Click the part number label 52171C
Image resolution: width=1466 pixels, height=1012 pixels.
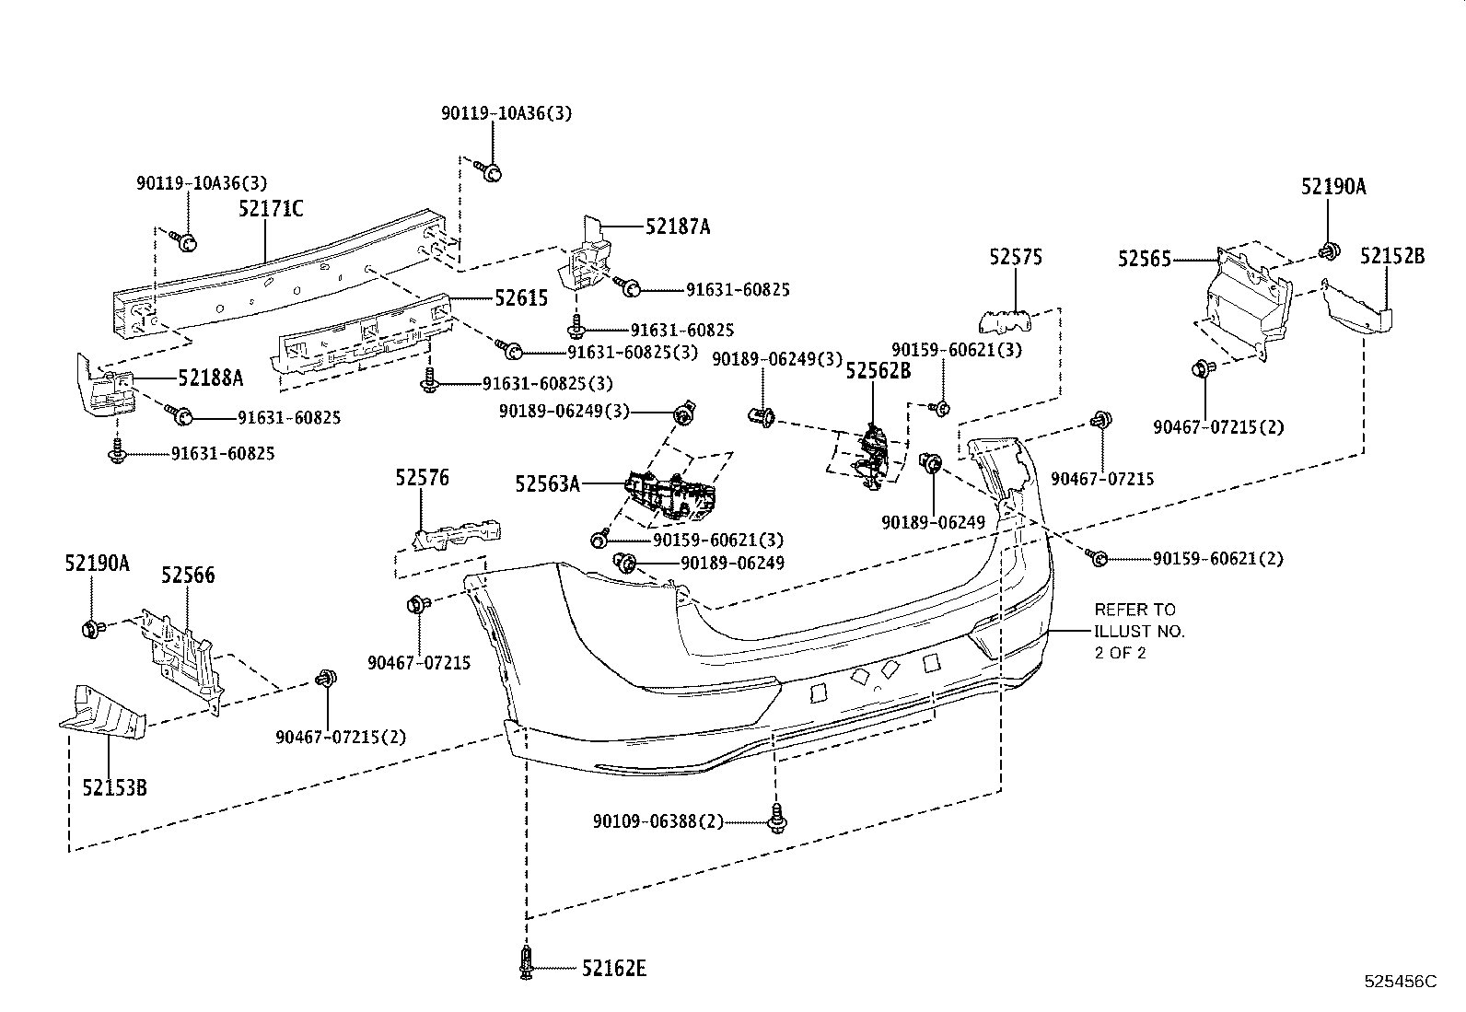tap(271, 209)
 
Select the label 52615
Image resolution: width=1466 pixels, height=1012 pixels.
tap(521, 297)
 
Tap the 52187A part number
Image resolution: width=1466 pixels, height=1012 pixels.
tap(678, 227)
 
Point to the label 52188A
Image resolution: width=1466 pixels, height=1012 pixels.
tap(210, 378)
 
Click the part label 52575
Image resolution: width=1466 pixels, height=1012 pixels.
tap(1016, 257)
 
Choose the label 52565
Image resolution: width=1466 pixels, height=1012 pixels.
tap(1144, 260)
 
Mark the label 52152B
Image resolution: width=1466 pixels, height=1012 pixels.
tap(1392, 256)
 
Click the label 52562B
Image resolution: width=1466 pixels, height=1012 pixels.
tap(878, 370)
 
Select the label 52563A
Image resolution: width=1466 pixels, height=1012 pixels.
tap(547, 483)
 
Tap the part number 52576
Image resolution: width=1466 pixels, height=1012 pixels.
tap(422, 478)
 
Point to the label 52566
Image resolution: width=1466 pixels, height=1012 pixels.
tap(188, 575)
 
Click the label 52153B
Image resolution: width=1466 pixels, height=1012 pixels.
tap(114, 787)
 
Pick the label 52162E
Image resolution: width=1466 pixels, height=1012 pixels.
tap(614, 968)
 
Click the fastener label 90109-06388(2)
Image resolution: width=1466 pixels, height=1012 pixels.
tap(658, 820)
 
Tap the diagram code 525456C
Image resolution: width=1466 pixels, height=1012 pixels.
tap(1401, 982)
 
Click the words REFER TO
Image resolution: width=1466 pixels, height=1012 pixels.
tap(1134, 610)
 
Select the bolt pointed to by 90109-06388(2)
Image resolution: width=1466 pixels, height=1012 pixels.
tap(777, 818)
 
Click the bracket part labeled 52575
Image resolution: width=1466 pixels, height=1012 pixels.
tap(1006, 320)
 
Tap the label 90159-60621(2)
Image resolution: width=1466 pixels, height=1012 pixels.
tap(1218, 559)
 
